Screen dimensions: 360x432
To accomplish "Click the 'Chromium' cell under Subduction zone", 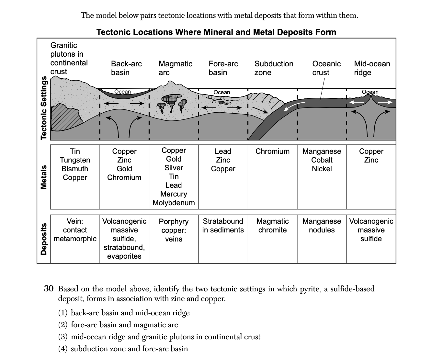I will click(272, 151).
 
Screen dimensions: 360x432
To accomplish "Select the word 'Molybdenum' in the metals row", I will click(174, 203).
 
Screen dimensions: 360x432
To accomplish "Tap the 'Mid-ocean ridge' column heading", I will click(372, 68).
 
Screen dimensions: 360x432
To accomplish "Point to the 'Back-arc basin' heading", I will click(126, 68).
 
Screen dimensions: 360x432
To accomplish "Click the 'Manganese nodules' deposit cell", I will click(322, 226).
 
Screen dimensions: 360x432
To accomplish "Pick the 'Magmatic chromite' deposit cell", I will click(272, 226).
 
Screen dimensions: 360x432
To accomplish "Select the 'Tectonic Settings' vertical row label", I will click(44, 108).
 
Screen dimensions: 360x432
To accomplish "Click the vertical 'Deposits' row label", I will click(44, 239).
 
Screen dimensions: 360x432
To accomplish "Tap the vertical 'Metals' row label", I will click(44, 177).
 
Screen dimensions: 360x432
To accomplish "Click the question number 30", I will click(49, 289).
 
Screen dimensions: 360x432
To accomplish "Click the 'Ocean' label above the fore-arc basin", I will click(222, 92).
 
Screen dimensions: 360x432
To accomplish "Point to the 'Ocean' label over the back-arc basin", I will click(123, 92).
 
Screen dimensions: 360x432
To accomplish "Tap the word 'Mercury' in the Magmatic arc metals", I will click(174, 194).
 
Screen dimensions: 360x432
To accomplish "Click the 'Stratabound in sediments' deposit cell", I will click(223, 226).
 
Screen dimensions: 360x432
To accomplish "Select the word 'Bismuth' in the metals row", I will click(75, 169).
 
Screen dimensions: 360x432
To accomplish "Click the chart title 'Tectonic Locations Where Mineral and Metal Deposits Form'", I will click(216, 32).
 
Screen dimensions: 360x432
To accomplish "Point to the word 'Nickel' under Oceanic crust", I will click(322, 169).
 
